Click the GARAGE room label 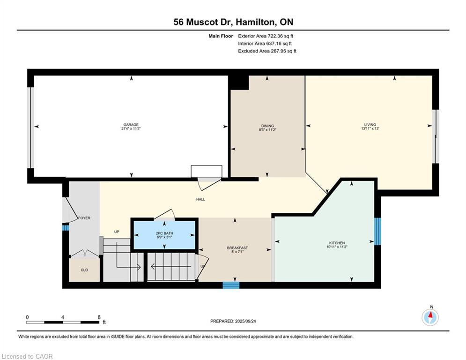point(131,125)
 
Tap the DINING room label point(267,126)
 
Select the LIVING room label point(370,125)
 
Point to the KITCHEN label point(337,243)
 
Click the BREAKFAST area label point(237,248)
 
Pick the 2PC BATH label point(164,233)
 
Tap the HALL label point(200,199)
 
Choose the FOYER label point(84,218)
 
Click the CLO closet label point(84,270)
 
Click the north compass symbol point(430,317)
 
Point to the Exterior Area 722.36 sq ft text point(266,36)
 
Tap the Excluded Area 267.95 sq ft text point(267,51)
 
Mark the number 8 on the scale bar point(99,317)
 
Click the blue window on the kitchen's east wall point(377,232)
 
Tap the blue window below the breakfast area point(231,285)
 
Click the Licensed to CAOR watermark point(27,356)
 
